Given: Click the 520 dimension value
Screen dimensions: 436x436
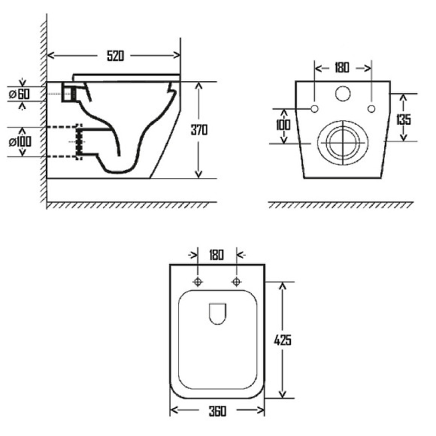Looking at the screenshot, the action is (116, 56).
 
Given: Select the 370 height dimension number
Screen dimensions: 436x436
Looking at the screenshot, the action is (199, 130).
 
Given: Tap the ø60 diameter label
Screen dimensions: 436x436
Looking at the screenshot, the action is (20, 94).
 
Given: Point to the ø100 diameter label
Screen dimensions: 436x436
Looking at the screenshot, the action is (20, 142).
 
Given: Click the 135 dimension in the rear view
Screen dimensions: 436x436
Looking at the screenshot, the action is (404, 120).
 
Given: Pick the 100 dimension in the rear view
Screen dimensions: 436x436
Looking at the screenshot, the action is (283, 125).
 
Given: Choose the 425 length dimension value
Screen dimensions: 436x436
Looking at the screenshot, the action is (283, 340).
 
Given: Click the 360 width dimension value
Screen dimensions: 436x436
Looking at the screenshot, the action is (217, 411).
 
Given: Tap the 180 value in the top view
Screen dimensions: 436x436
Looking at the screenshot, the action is (216, 255).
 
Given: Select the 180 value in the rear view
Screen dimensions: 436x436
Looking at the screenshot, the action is (342, 68).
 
